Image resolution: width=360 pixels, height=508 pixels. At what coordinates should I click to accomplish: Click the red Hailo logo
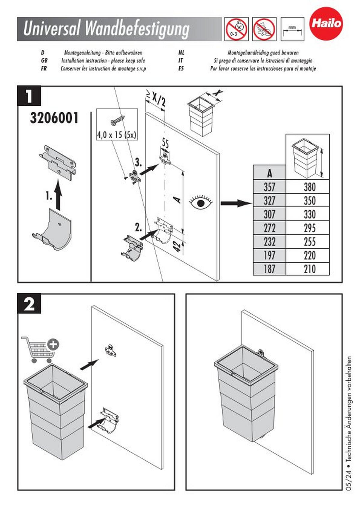pos(326,23)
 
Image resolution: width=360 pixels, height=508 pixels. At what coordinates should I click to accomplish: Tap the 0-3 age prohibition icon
pos(236,29)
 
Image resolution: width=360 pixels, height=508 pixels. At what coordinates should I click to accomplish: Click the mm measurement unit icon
pos(292,29)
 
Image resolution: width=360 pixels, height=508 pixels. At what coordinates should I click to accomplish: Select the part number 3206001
pos(54,118)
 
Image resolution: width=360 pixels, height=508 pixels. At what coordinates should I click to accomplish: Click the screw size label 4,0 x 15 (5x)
pos(117,135)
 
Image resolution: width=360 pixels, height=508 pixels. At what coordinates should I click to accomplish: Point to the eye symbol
pos(201,203)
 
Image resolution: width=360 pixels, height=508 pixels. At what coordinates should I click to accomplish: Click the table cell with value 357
pos(269,187)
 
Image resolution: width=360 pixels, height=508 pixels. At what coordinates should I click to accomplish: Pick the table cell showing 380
pos(309,187)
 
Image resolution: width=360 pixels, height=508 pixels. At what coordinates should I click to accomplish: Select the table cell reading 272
pos(269,228)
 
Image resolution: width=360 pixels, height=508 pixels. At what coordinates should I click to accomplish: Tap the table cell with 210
pos(309,269)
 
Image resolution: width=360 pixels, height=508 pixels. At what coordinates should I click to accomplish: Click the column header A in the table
pos(269,173)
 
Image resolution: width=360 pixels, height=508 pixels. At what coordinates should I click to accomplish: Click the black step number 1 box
pos(29,96)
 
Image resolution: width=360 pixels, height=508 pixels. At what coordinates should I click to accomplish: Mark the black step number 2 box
pos(29,304)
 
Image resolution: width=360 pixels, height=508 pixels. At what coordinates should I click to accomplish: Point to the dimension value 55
pos(165,143)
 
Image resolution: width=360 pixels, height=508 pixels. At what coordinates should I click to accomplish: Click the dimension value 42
pos(178,246)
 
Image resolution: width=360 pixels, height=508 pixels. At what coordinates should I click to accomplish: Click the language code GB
pos(44,61)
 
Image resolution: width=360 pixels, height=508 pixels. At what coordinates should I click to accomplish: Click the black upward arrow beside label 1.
pos(58,194)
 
